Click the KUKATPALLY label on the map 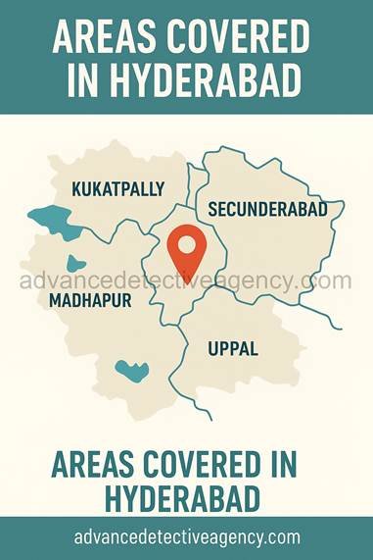[x=117, y=187]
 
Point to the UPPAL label [x=233, y=347]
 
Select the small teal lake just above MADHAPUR [x=75, y=263]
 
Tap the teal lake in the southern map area [x=131, y=371]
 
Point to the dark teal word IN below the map [x=305, y=464]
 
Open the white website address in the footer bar [x=186, y=537]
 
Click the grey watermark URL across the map [x=186, y=280]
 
